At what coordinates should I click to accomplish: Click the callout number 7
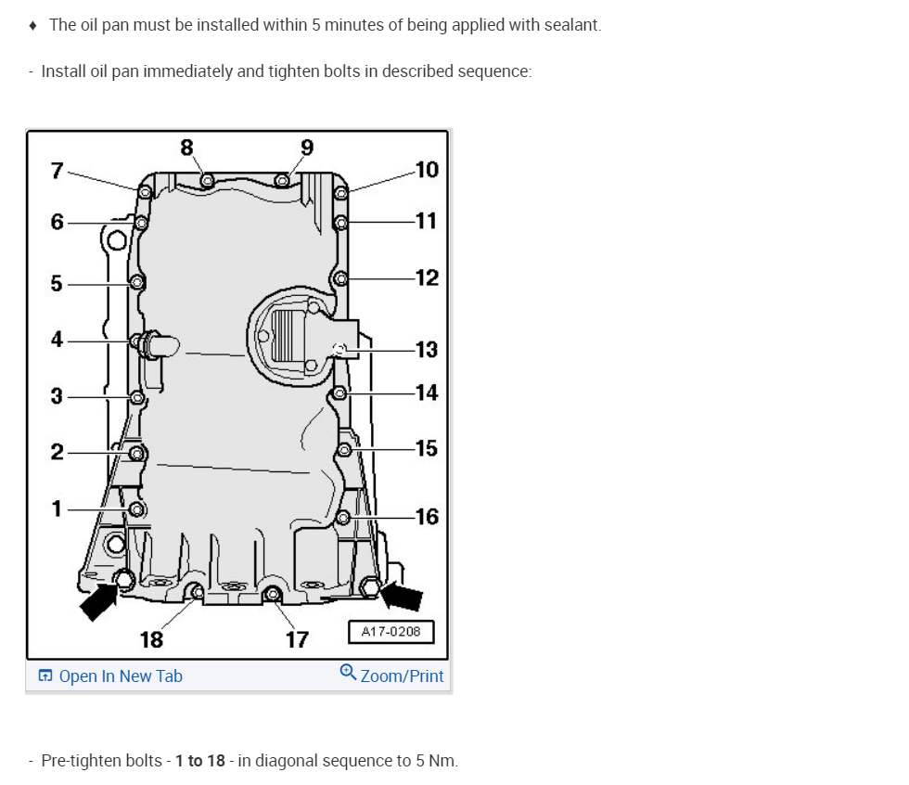[58, 171]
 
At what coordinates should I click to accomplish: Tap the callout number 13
[427, 350]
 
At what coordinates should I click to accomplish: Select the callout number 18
[151, 639]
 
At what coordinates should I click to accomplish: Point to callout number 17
[297, 639]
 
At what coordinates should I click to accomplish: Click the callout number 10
[427, 170]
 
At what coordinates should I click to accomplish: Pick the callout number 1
[58, 508]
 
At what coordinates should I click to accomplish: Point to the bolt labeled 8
[207, 179]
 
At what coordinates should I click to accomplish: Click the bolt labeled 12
[341, 278]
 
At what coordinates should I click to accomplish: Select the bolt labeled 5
[137, 283]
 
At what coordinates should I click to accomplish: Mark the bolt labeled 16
[342, 517]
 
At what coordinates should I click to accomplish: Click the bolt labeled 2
[137, 453]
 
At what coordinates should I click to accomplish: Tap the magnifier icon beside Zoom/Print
[349, 672]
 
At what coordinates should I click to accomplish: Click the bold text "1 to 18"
[200, 761]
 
